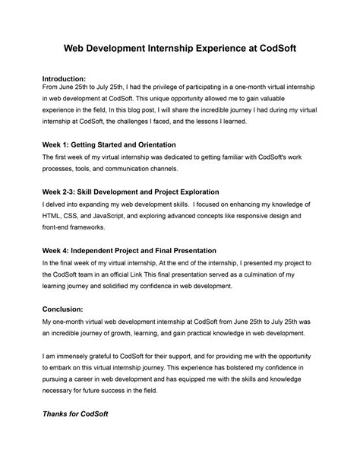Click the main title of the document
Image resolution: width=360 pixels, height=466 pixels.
179,48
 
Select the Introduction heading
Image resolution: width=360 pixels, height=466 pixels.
64,78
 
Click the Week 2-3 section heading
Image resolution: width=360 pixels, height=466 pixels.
130,192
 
